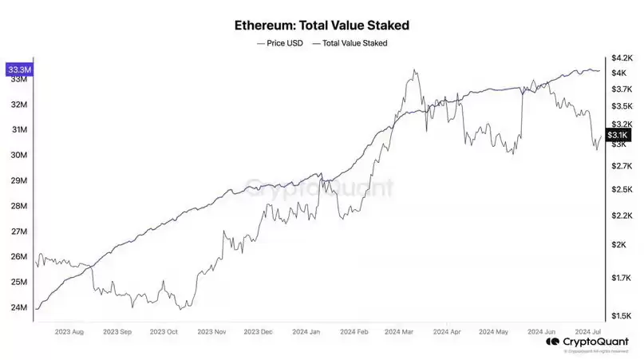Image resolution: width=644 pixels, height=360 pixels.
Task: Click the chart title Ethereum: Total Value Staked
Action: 322,24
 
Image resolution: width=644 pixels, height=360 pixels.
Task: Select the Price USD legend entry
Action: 280,43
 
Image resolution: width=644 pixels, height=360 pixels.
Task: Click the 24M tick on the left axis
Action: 18,307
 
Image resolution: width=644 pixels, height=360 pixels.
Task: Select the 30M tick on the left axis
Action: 18,155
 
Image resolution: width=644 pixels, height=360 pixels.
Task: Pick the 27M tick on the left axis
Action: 18,231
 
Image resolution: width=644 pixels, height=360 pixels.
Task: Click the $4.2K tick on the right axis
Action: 622,58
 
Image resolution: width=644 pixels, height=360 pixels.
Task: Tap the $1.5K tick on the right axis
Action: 622,315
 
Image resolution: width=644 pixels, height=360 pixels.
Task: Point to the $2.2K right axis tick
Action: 622,216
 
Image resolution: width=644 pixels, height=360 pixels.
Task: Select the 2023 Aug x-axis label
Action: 69,330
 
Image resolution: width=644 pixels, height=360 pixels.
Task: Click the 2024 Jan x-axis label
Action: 306,330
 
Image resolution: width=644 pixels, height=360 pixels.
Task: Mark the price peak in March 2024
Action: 413,70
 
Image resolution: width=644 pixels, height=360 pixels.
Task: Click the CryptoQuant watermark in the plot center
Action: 319,188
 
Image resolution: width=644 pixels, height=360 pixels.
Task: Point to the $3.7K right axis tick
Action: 622,89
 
